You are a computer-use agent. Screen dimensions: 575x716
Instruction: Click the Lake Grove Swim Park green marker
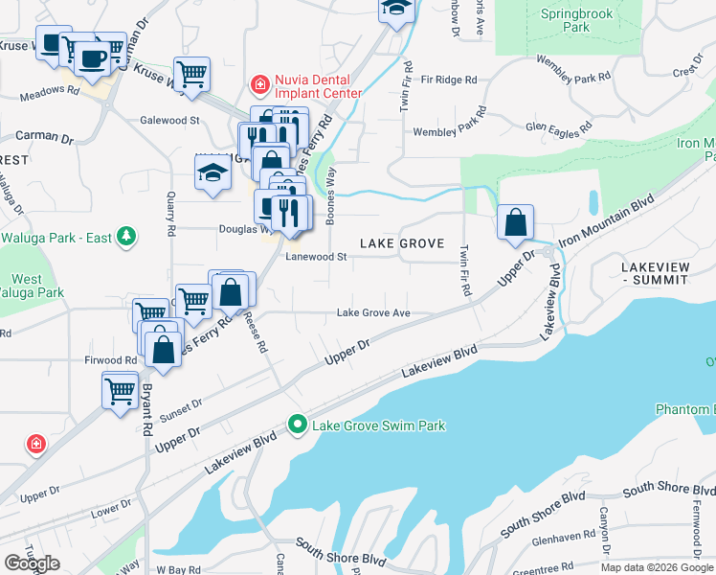[298, 425]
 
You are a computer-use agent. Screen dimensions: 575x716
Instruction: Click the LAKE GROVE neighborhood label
[402, 243]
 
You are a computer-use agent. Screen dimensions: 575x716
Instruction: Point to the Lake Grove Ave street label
[373, 312]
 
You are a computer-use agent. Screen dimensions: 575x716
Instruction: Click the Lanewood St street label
[315, 256]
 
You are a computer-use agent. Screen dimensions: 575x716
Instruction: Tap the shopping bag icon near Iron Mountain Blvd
[515, 223]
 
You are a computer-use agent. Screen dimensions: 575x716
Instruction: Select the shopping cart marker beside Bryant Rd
[120, 391]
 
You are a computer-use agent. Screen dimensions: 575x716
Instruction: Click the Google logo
[32, 563]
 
